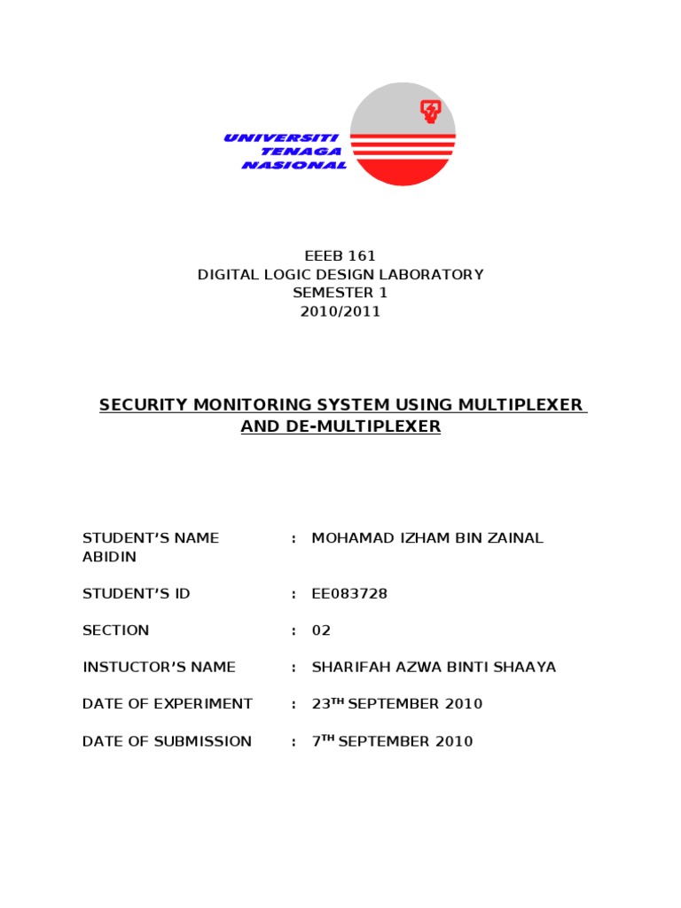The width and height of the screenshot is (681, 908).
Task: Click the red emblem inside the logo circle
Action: click(x=430, y=112)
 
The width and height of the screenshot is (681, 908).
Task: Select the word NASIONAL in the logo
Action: click(x=294, y=165)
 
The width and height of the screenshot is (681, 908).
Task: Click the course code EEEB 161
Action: click(x=340, y=255)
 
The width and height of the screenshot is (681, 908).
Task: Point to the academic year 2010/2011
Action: click(x=340, y=311)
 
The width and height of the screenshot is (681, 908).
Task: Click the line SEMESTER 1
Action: click(x=340, y=293)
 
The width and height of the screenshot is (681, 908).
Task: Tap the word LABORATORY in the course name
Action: click(x=434, y=274)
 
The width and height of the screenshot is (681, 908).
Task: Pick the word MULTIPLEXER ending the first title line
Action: click(x=521, y=405)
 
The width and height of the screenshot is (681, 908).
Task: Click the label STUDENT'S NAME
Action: click(x=151, y=538)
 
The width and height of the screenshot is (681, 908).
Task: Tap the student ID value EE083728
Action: click(x=349, y=594)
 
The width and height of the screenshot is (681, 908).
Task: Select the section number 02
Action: click(x=321, y=630)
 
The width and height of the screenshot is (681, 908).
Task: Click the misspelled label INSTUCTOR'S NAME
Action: click(x=159, y=667)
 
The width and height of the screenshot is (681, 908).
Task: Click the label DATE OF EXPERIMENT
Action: click(x=168, y=704)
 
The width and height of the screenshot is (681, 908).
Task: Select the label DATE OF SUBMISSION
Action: click(x=167, y=741)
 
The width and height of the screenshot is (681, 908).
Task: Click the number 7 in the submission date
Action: click(x=316, y=741)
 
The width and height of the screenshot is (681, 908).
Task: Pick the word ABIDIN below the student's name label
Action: click(x=109, y=557)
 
